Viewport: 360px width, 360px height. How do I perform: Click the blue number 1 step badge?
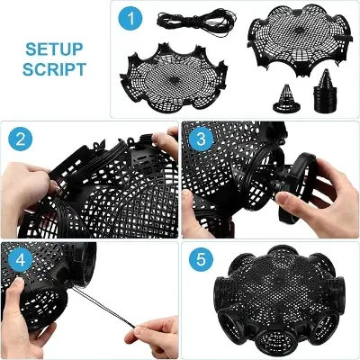point(134,19)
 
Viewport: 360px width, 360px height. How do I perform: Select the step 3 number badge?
point(201,139)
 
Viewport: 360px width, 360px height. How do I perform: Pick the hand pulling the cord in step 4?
point(148,324)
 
